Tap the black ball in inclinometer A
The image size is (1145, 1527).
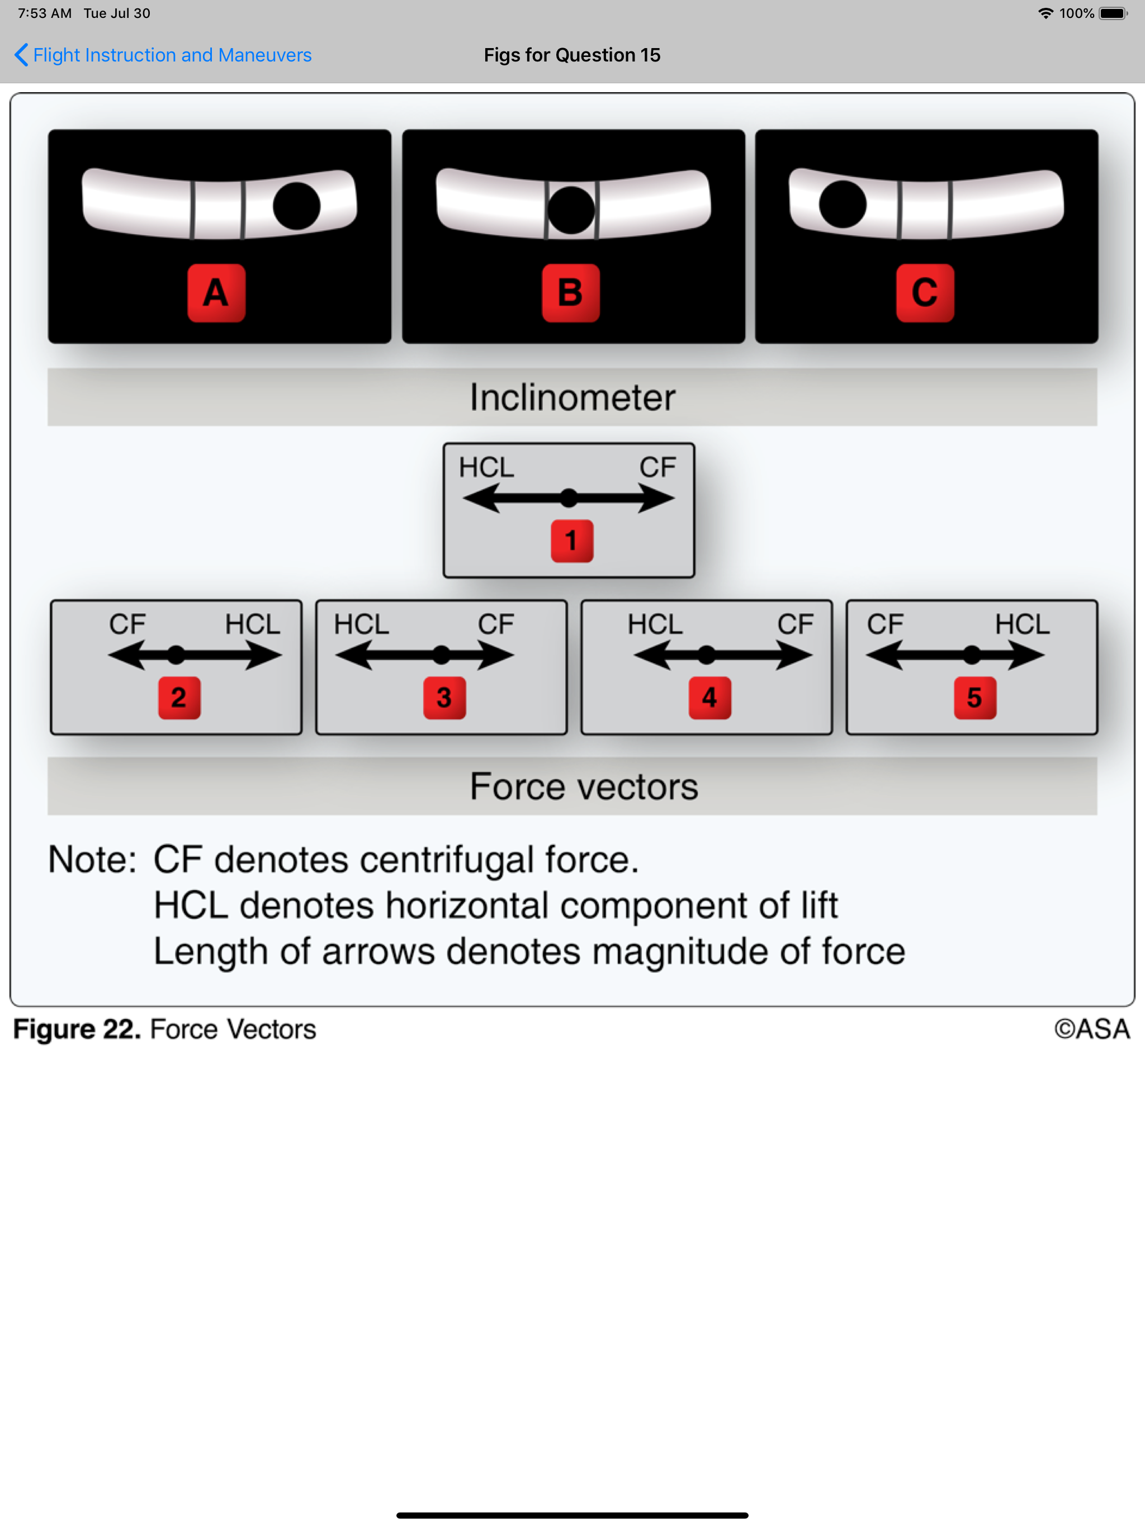297,206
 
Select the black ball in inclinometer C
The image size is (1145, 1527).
843,205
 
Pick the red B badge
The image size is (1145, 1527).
570,293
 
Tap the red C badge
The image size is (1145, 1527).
925,293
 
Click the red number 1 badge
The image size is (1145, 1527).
572,540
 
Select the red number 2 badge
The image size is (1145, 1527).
179,698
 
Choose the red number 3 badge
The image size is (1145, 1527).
444,698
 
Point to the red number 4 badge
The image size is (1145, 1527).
709,698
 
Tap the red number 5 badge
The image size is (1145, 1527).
974,698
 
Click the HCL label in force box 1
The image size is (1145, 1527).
487,467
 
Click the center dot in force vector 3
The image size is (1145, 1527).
441,655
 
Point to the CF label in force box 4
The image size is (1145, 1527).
795,624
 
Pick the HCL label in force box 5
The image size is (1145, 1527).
1022,624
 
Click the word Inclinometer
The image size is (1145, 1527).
572,397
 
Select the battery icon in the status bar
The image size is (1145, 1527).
1113,13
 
